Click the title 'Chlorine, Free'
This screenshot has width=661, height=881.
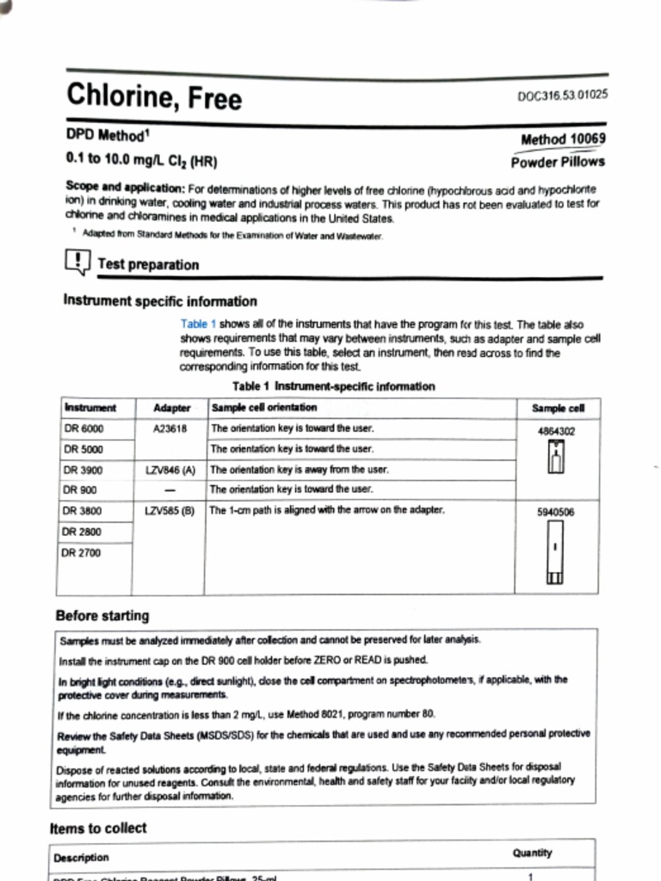(x=154, y=96)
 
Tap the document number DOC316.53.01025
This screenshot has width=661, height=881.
(x=562, y=95)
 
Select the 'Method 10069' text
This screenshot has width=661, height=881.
(x=563, y=139)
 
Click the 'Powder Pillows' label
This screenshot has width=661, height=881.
(x=558, y=161)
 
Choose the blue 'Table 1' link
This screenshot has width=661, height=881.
(x=198, y=324)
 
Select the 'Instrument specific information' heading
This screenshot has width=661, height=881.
(x=160, y=301)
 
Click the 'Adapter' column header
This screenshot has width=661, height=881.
(x=171, y=408)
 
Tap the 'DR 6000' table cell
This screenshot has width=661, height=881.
(x=84, y=428)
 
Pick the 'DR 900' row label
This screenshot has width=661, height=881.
(x=81, y=490)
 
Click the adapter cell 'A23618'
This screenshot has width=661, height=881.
(x=170, y=428)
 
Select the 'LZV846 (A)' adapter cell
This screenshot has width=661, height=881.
(x=170, y=470)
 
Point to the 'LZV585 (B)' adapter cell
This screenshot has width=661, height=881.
(x=170, y=510)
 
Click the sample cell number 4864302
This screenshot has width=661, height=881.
(x=556, y=432)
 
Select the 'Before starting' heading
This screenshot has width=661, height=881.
(x=102, y=616)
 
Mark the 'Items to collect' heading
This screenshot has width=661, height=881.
(x=98, y=829)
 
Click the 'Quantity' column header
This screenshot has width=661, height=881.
(x=532, y=853)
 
